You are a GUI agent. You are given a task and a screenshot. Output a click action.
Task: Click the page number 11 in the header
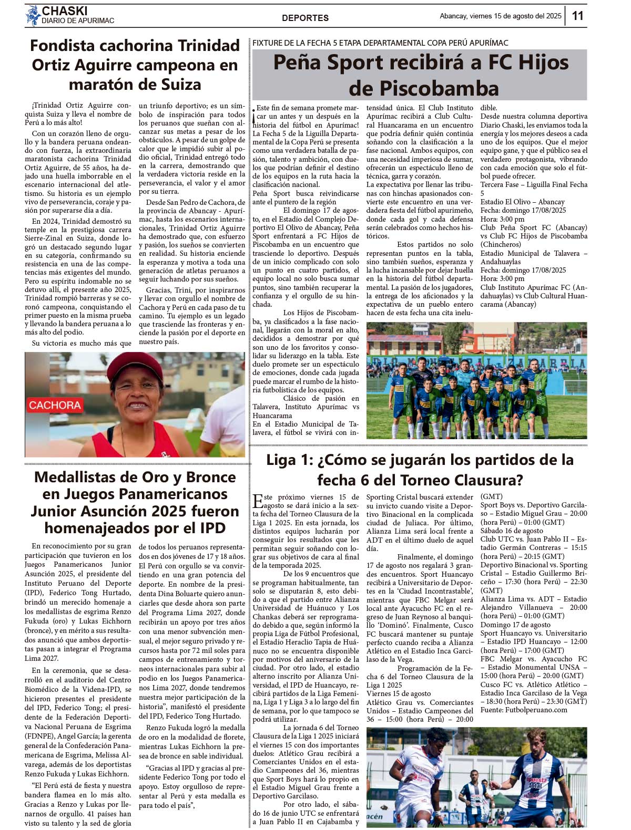pos(577,16)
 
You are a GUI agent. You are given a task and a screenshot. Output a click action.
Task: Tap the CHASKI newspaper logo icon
pos(33,15)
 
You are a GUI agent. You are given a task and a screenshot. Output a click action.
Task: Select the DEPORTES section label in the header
pos(305,18)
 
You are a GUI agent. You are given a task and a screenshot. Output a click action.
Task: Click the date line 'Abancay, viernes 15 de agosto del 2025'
pos(500,16)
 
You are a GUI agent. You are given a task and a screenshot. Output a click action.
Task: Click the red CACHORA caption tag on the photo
pos(55,405)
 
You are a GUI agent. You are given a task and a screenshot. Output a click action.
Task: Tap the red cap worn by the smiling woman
pos(135,365)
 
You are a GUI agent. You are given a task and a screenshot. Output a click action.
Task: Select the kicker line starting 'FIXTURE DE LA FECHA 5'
pos(380,43)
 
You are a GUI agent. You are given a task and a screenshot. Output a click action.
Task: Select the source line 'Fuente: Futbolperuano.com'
pos(524,710)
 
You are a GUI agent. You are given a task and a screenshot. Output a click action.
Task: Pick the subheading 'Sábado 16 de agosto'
pos(504,531)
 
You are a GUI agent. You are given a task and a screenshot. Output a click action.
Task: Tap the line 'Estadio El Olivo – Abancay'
pos(522,202)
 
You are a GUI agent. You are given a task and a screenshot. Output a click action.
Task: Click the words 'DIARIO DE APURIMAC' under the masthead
pos(78,21)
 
